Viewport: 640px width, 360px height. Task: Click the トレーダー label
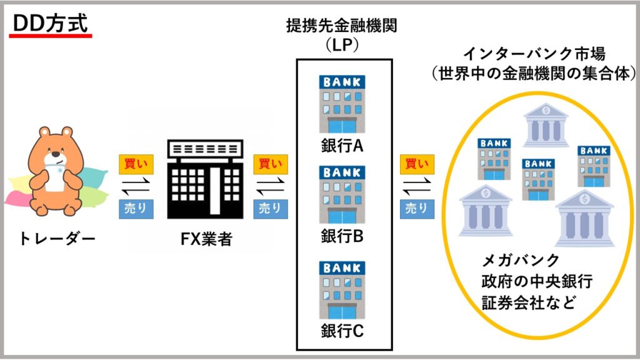pos(56,237)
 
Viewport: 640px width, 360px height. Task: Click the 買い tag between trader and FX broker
pos(136,164)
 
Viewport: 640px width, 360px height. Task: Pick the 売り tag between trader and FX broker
pos(136,209)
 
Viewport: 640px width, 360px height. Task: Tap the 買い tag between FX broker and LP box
pos(270,164)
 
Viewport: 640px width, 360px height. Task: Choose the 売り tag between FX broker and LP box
pos(270,209)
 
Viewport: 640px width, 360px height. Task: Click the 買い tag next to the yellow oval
pos(417,164)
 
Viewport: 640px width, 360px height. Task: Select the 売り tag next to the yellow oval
pos(417,209)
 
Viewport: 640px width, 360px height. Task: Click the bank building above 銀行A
pos(342,104)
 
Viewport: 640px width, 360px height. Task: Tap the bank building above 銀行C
pos(342,290)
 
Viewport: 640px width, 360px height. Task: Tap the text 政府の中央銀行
pos(537,281)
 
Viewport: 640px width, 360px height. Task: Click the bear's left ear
pos(44,132)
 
